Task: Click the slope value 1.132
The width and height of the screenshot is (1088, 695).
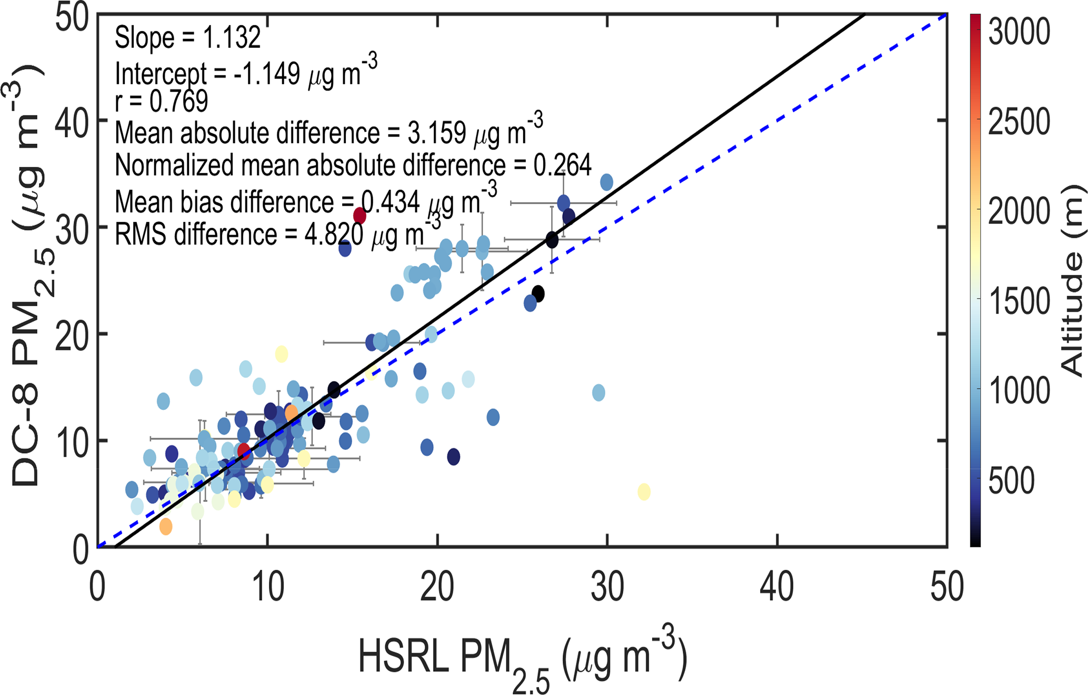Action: point(231,38)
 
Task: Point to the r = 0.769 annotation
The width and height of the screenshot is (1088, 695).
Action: point(161,101)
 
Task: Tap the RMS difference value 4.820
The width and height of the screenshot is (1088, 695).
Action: point(334,235)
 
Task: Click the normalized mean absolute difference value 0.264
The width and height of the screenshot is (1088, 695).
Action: point(562,165)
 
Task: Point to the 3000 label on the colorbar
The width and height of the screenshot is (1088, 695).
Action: point(1019,32)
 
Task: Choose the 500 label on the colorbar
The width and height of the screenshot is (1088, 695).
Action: point(1011,480)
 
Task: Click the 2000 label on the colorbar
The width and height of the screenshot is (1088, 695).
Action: point(1019,211)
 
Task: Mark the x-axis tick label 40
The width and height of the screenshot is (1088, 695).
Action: point(777,587)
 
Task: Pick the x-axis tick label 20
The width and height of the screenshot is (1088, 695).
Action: point(437,587)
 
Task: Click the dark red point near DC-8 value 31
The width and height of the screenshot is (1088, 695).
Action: point(360,215)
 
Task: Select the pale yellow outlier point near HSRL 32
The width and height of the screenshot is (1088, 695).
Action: point(644,492)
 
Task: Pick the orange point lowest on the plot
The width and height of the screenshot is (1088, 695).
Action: point(166,526)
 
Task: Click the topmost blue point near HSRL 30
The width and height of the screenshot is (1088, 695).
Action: point(606,183)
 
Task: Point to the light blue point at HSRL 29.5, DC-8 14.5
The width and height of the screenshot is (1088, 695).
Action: point(598,392)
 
